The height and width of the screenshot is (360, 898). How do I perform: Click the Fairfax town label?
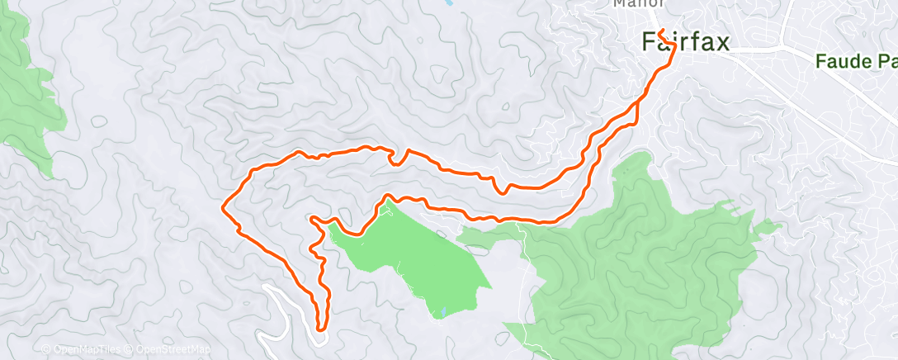(x=686, y=41)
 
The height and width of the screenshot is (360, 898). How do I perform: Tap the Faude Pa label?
(x=855, y=61)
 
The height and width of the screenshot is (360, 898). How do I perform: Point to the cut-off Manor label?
(x=634, y=3)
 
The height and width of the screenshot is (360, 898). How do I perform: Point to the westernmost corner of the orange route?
(x=224, y=207)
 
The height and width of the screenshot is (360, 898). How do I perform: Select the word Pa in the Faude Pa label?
(x=886, y=61)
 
